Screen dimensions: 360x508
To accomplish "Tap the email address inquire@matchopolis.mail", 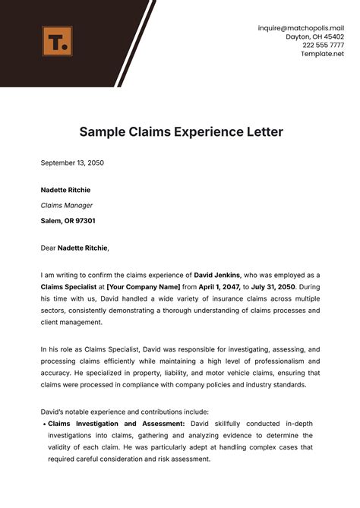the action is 301,27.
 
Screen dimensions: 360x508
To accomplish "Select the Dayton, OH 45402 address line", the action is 314,36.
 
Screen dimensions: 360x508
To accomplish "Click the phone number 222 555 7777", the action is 322,45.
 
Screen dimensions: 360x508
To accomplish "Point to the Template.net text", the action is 322,53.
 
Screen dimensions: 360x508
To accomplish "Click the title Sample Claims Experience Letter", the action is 181,131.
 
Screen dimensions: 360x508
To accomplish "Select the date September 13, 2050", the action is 72,163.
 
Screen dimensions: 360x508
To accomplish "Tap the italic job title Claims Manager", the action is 67,205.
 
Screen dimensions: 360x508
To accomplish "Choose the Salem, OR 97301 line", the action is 68,221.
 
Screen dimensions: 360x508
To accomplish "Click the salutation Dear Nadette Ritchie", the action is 74,248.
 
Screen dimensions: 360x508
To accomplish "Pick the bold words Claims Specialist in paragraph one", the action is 68,288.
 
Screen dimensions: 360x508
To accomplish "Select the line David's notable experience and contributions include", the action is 123,411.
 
